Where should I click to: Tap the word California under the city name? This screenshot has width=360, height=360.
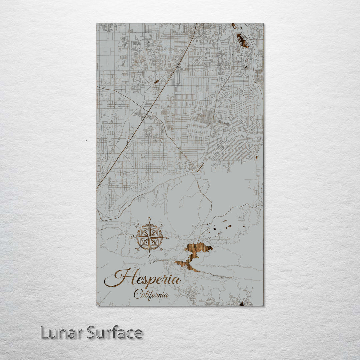(x=151, y=294)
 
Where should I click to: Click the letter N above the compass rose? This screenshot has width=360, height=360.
(x=150, y=219)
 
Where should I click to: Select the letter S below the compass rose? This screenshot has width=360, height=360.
(x=149, y=256)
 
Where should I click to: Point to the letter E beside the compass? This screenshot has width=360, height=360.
(x=167, y=237)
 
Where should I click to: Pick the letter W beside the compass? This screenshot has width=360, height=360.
(x=131, y=237)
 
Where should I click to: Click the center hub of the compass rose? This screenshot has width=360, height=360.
(x=149, y=237)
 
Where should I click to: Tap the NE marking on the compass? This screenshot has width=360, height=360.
(x=162, y=225)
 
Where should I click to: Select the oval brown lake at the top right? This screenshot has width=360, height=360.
(x=242, y=41)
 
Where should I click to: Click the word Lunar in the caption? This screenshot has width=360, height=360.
(x=62, y=333)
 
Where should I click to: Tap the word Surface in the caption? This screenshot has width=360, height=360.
(x=115, y=333)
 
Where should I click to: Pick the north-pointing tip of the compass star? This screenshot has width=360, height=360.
(x=149, y=223)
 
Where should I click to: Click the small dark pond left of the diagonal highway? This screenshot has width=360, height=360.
(x=156, y=81)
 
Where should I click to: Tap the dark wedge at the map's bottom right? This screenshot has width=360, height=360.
(x=241, y=304)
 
